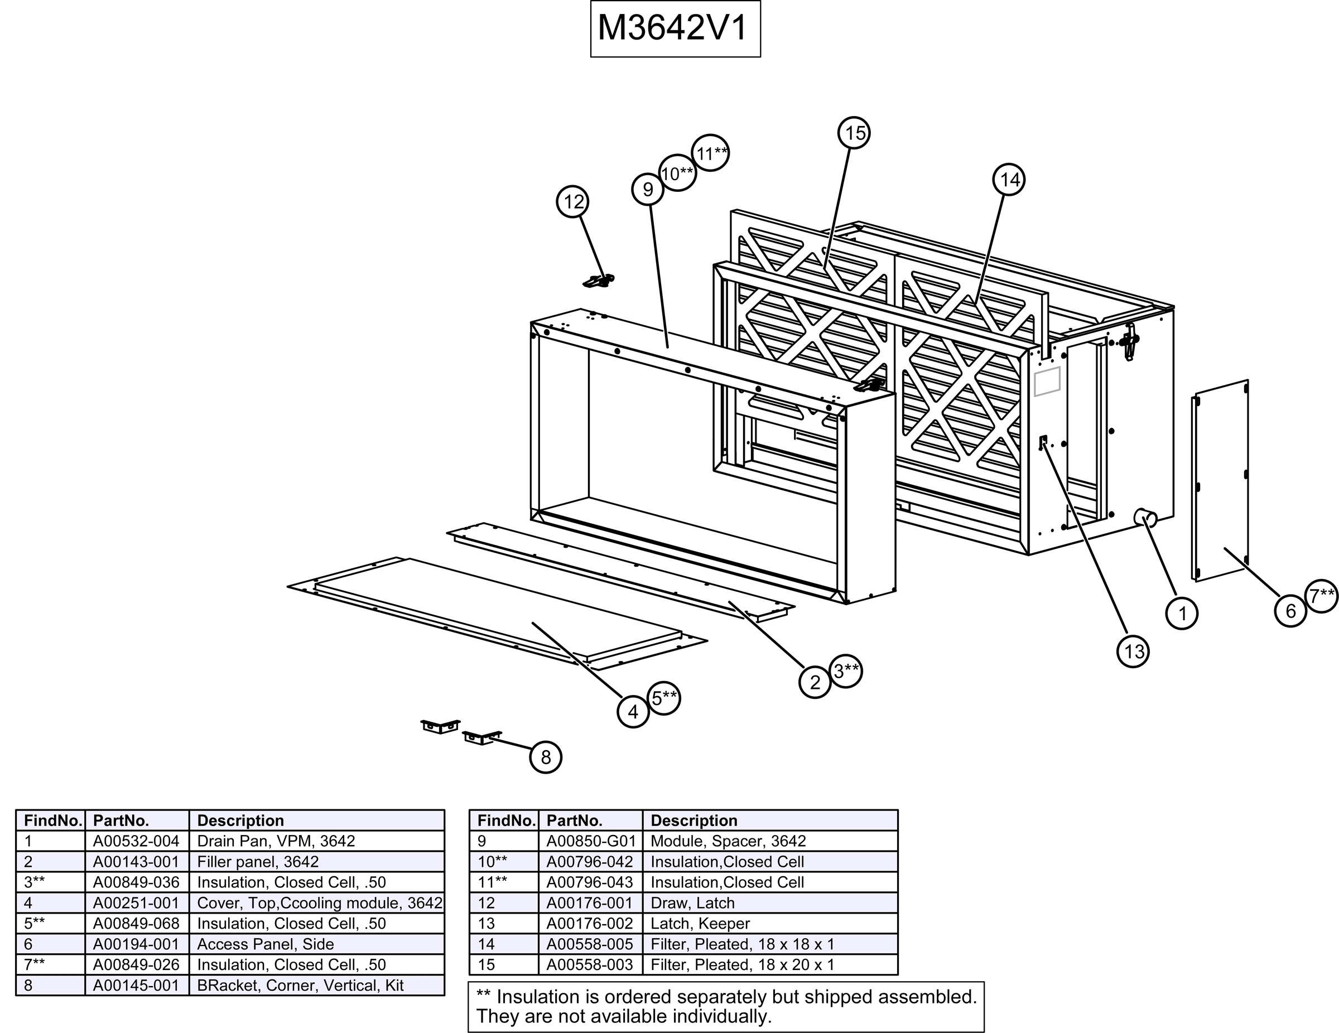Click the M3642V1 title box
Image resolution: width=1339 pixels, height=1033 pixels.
click(675, 29)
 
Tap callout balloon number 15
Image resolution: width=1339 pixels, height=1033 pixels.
click(855, 133)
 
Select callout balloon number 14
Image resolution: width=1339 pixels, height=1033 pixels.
click(1009, 180)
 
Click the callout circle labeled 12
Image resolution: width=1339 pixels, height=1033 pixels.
click(572, 202)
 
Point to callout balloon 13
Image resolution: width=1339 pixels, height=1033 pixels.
click(1133, 650)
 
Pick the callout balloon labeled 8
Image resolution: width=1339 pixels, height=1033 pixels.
click(545, 757)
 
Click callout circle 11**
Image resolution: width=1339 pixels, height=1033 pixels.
click(711, 153)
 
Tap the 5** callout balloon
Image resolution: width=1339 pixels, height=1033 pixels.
click(663, 698)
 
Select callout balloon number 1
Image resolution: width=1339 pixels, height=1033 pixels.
click(1182, 613)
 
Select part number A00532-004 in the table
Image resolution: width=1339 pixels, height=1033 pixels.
click(136, 841)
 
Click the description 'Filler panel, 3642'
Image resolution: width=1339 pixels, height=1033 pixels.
click(258, 861)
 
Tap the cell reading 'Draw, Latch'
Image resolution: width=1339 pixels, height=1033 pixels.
click(692, 902)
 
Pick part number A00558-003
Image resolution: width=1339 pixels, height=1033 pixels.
click(589, 964)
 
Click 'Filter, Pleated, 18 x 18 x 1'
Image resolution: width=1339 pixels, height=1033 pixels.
click(742, 944)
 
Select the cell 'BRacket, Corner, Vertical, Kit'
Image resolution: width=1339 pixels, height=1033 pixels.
click(300, 985)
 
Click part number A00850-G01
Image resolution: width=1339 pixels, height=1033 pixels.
click(590, 841)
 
